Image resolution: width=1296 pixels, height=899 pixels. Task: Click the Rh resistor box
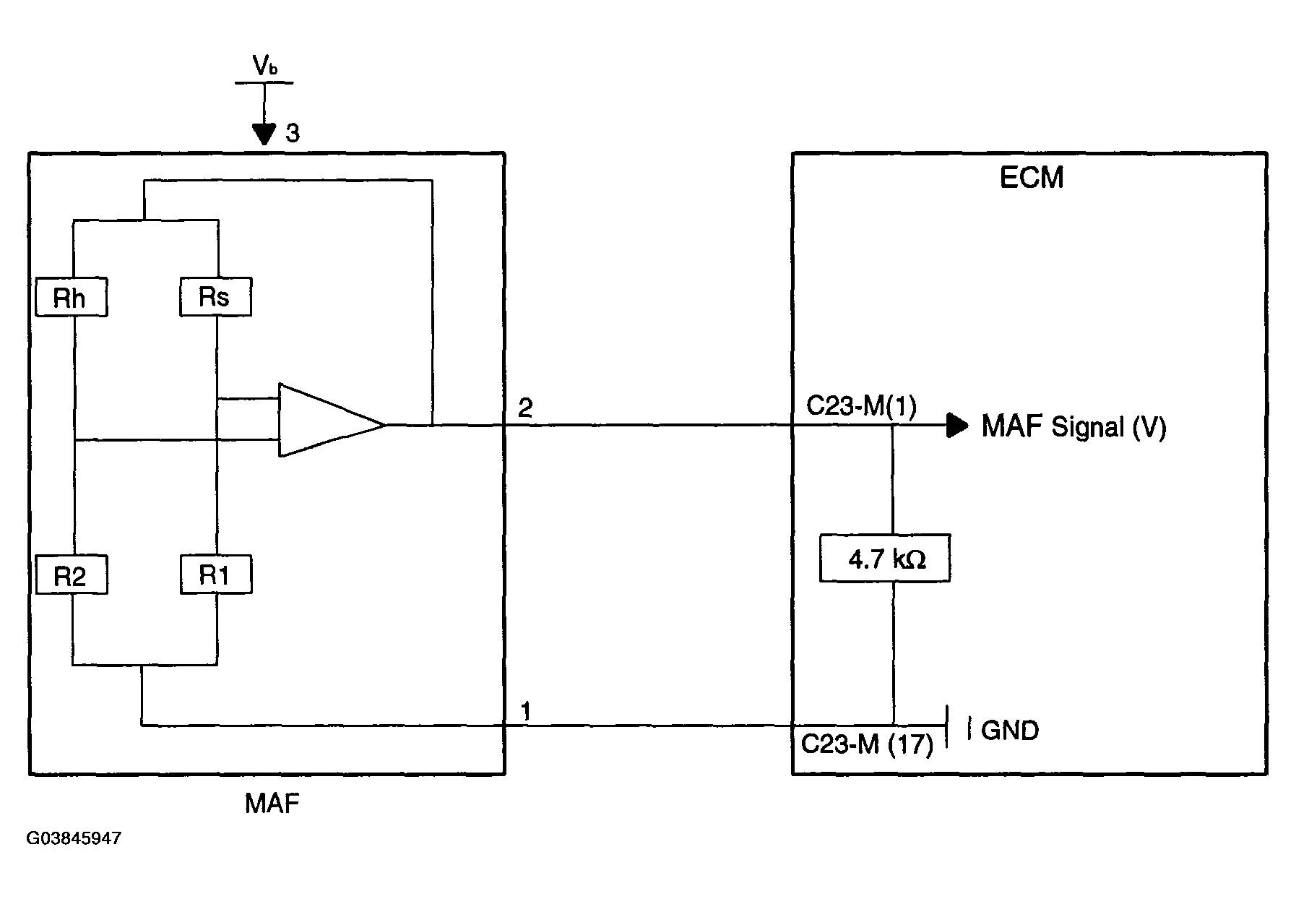point(72,297)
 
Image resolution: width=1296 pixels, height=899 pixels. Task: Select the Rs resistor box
point(215,296)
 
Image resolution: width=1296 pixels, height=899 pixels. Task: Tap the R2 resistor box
point(72,575)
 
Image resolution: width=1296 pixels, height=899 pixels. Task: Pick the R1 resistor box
point(216,575)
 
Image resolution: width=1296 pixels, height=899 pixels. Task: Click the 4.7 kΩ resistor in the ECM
point(885,558)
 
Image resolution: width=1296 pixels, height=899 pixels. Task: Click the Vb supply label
point(265,66)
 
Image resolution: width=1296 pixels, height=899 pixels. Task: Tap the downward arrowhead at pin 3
point(264,134)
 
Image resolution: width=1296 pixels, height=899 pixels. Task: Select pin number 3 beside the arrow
point(292,133)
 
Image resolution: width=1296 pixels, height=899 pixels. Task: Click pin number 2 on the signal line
point(526,409)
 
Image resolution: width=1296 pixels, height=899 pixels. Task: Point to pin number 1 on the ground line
point(526,711)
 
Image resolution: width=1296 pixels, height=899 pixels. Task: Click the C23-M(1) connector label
point(861,407)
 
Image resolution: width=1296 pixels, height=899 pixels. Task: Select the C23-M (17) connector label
point(867,744)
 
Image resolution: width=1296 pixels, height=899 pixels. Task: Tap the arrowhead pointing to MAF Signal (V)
point(958,425)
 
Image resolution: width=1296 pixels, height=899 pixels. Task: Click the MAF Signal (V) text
point(1073,427)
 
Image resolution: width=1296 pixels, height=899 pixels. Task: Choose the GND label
point(1010,731)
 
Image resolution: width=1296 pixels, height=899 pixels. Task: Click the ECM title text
point(1032,178)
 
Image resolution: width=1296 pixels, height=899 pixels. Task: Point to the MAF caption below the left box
point(272,804)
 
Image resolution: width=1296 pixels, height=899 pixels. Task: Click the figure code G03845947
point(74,838)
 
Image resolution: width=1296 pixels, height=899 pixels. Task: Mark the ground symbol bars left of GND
point(957,726)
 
